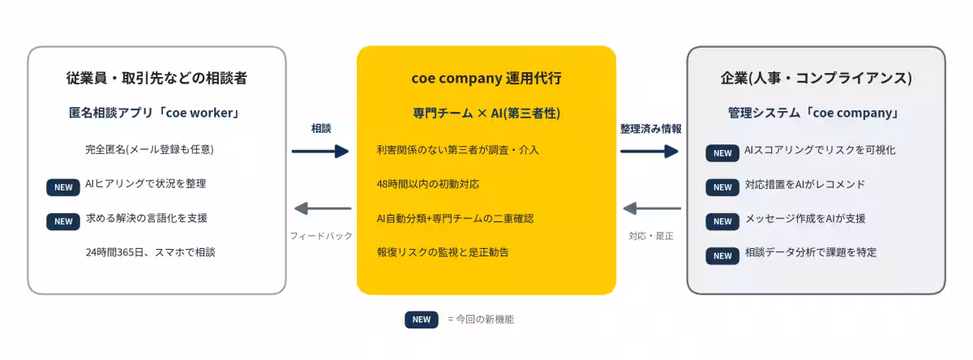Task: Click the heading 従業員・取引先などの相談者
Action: pos(156,78)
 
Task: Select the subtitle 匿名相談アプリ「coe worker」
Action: pos(154,113)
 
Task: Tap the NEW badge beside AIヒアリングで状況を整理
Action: pos(63,187)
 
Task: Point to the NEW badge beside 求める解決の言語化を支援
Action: pos(63,221)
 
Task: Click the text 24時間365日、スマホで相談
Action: pos(150,252)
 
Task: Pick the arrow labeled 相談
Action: pos(320,151)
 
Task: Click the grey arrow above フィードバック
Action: pos(323,208)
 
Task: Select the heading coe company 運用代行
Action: pos(486,78)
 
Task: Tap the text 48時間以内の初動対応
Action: pos(428,184)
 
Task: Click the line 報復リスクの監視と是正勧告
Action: pos(443,252)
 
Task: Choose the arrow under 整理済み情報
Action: pos(649,151)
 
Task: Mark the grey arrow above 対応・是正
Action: pos(652,208)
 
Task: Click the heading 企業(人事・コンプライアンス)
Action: pos(817,78)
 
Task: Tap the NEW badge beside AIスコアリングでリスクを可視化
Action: pos(722,153)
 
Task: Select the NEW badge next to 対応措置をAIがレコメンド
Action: pos(722,187)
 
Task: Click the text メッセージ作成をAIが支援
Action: pos(805,218)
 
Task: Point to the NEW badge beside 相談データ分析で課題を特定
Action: pos(722,255)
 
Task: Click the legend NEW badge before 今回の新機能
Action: pos(422,319)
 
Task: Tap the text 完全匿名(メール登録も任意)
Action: pos(149,150)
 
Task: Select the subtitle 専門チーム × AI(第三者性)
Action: pos(486,114)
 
